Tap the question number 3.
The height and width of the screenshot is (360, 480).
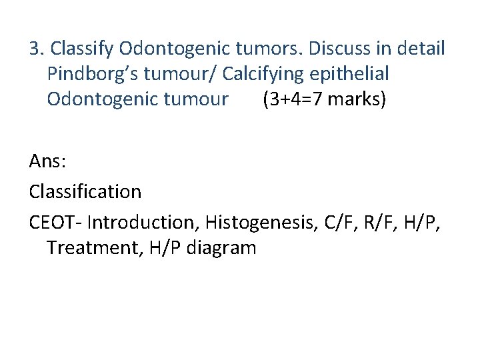tap(35, 49)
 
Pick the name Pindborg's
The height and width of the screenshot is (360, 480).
tap(91, 74)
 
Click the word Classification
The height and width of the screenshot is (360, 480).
tap(85, 192)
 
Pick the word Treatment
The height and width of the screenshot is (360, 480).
tap(88, 248)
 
